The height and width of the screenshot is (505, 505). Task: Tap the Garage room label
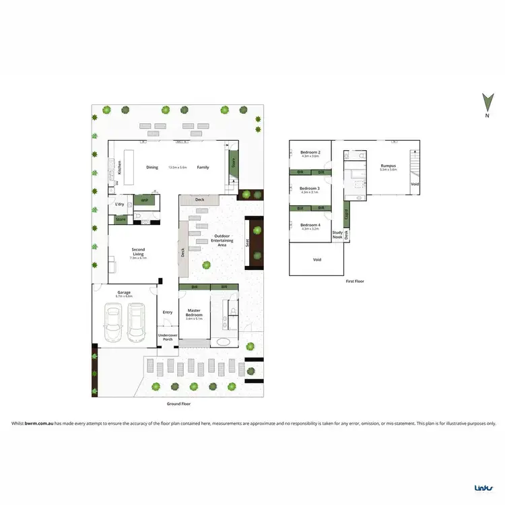click(x=124, y=293)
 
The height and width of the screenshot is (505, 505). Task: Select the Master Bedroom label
click(x=194, y=312)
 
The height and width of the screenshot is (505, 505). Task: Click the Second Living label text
click(x=137, y=252)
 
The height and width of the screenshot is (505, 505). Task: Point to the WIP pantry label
click(x=145, y=199)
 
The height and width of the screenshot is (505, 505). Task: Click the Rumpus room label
click(x=388, y=166)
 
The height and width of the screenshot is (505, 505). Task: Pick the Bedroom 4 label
click(x=310, y=226)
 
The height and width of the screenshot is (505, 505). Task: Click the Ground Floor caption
click(x=178, y=404)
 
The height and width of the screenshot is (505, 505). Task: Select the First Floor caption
click(x=354, y=281)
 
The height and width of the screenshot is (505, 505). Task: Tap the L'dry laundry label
click(x=121, y=204)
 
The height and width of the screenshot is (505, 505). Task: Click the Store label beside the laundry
click(x=121, y=220)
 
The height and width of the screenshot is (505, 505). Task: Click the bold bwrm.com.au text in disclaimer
click(x=39, y=424)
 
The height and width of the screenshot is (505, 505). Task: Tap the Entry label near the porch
click(x=168, y=312)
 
